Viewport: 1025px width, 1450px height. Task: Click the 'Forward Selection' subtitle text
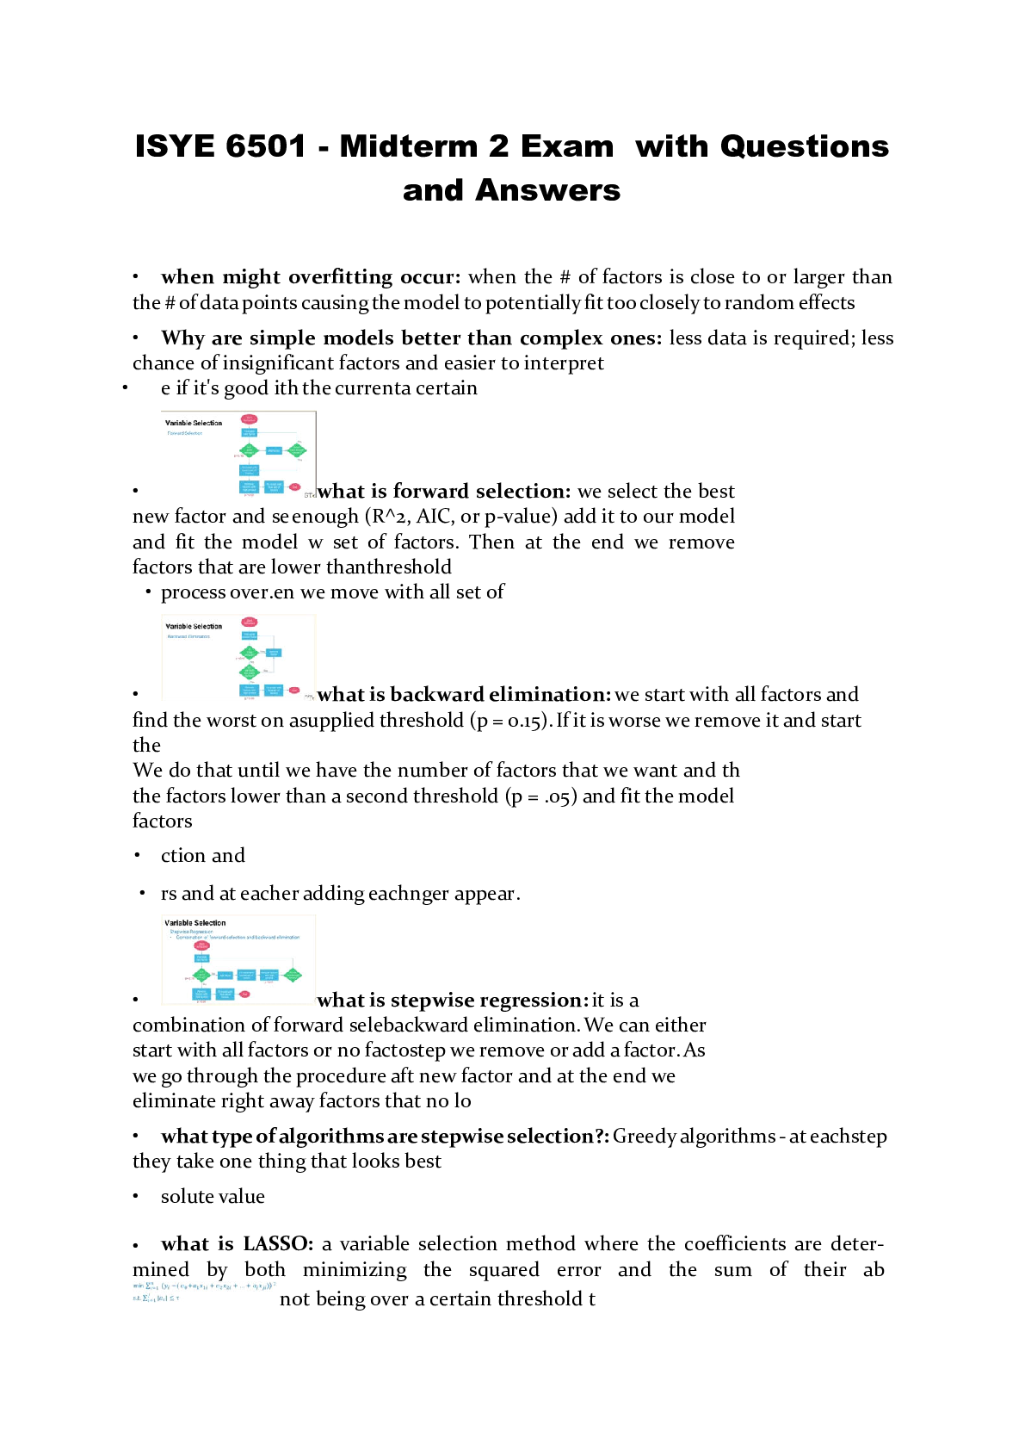(185, 433)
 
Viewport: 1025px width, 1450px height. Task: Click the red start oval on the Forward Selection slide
(249, 419)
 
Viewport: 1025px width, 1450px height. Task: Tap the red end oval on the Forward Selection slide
(294, 487)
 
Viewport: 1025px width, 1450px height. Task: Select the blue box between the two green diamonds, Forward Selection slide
(274, 450)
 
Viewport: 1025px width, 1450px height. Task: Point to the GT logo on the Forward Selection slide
(310, 494)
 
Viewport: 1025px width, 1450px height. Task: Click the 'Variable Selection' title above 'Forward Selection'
(194, 423)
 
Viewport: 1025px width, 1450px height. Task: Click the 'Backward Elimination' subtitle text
(188, 636)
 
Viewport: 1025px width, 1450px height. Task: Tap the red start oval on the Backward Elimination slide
(249, 622)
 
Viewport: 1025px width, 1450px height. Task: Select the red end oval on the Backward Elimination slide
(293, 691)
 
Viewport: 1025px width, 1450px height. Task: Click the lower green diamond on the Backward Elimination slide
(249, 672)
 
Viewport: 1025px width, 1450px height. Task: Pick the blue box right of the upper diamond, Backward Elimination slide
(274, 653)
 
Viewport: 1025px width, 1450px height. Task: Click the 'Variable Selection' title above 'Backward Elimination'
(194, 626)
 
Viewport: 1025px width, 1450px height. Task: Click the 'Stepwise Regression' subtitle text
(191, 932)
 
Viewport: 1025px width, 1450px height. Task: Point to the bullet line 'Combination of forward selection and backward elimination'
(238, 937)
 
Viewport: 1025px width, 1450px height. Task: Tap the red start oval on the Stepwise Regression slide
(202, 945)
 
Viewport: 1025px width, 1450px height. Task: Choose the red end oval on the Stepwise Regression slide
(244, 995)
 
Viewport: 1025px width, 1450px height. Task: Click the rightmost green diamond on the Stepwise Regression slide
(293, 976)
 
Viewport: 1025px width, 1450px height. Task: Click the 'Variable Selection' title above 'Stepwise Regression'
(195, 923)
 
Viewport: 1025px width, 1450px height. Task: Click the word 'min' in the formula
(138, 1286)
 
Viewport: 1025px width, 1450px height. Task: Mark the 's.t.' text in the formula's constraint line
(136, 1298)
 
